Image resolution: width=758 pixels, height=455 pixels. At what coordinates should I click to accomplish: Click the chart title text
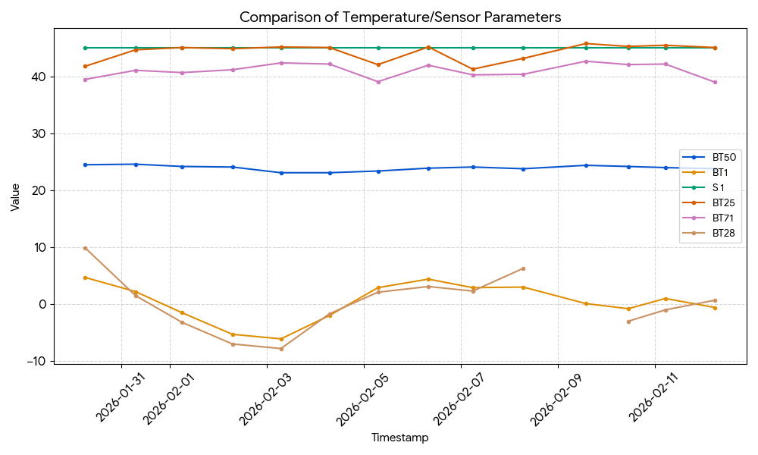(400, 17)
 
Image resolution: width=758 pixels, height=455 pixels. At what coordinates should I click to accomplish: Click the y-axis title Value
(15, 196)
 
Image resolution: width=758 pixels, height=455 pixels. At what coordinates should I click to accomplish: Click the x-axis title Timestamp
(399, 438)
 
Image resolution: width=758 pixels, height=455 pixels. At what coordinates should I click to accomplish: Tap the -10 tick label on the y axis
(36, 361)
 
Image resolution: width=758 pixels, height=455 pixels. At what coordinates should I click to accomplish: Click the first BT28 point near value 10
(85, 248)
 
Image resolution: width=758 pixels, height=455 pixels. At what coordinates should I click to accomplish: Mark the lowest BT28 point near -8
(281, 348)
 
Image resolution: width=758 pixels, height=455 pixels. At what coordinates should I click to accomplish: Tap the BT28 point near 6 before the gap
(523, 268)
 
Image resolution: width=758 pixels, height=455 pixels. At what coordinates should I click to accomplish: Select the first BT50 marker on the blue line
(85, 165)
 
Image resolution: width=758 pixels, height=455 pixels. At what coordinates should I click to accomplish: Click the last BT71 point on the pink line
(715, 82)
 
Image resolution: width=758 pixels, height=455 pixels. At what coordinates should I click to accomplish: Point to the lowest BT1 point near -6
(281, 339)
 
